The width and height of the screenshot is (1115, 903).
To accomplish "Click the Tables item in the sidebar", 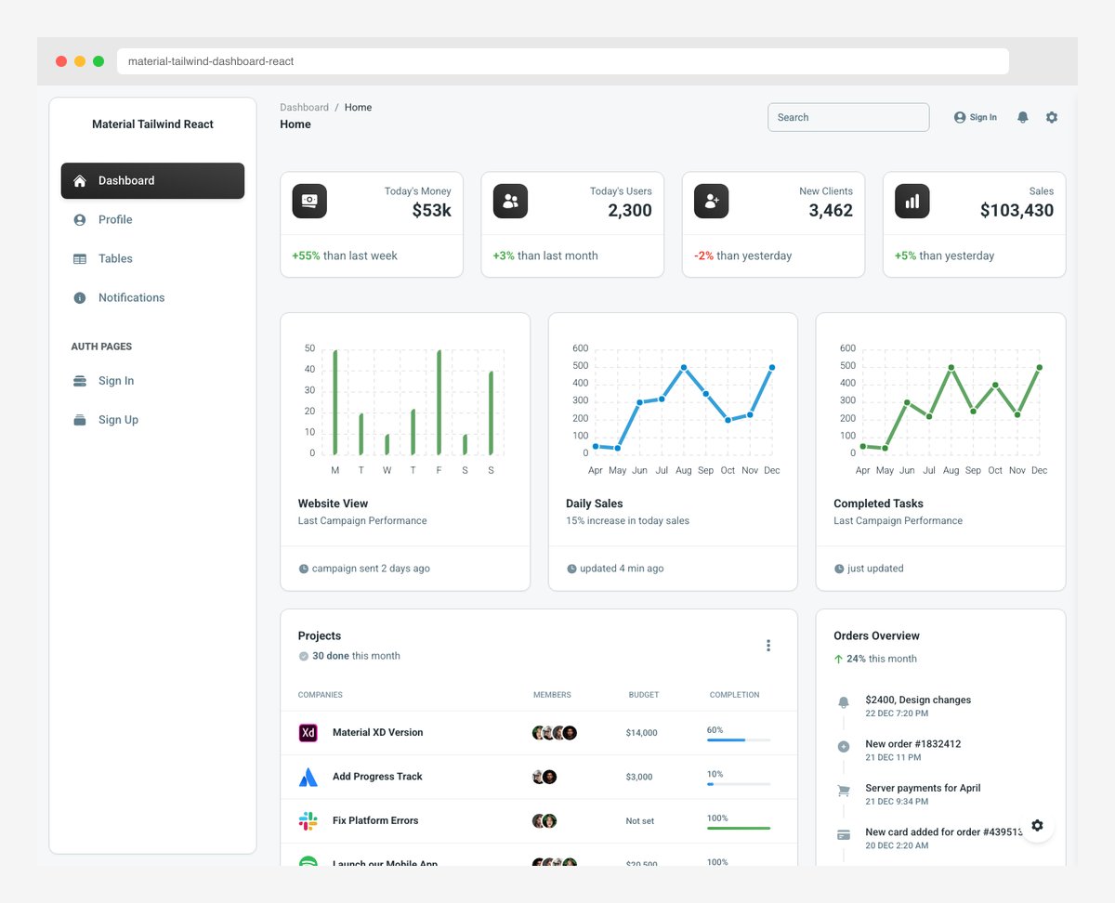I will pos(115,258).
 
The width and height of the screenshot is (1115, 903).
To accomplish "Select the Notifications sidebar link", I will pos(131,297).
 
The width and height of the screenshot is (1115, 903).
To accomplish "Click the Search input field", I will pos(847,117).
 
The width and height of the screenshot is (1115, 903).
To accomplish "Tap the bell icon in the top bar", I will pos(1022,117).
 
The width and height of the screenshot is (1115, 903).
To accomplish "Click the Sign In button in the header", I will pos(976,117).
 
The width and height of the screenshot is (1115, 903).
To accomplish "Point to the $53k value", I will pos(431,211).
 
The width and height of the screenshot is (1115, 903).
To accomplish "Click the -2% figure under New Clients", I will pos(703,255).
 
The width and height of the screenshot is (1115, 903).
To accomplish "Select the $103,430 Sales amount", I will pos(1017,211).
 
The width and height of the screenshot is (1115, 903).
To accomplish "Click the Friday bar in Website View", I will pos(439,402).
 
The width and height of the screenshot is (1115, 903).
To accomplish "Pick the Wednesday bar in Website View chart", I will pos(387,444).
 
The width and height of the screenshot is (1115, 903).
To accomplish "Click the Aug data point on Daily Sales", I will pos(684,367).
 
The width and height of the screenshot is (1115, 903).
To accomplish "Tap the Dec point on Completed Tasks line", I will pos(1039,367).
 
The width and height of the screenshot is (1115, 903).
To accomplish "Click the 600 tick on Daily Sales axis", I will pos(580,348).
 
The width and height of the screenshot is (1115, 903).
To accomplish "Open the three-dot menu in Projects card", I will pos(767,646).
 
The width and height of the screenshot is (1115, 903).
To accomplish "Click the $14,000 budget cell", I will pos(641,733).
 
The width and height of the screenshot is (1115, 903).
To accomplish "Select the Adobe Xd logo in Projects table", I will pos(308,732).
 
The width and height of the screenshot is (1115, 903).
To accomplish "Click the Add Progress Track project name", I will pos(377,777).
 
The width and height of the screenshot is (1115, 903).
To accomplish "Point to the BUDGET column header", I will pos(643,695).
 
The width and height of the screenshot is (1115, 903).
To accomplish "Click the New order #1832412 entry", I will pos(912,744).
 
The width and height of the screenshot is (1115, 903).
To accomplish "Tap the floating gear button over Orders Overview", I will pos(1037,825).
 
